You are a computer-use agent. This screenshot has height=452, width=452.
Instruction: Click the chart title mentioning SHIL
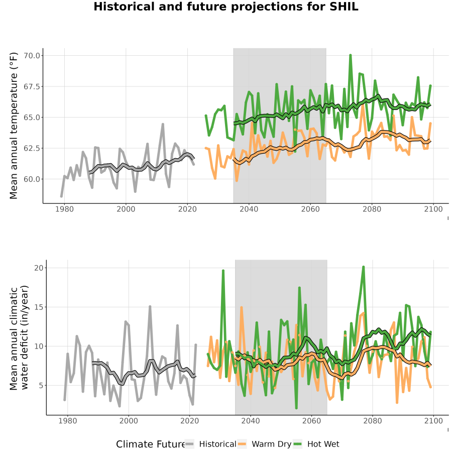(226, 7)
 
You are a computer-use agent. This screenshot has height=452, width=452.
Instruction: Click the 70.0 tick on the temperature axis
(32, 55)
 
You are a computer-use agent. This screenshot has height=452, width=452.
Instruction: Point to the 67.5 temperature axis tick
(32, 86)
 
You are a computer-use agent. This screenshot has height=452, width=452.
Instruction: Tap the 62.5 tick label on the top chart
(32, 148)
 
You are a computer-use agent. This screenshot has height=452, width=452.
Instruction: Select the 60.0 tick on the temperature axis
(32, 179)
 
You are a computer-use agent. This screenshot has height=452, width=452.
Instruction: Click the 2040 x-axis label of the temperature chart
(249, 209)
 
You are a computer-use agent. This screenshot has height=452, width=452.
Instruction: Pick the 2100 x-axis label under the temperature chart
(433, 209)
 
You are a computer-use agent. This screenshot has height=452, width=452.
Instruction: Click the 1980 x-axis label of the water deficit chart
(68, 421)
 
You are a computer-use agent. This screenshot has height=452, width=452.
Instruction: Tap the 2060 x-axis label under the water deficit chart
(311, 421)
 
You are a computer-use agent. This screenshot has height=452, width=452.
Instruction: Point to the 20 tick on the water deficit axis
(39, 268)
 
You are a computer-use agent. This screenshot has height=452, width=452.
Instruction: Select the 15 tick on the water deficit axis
(39, 307)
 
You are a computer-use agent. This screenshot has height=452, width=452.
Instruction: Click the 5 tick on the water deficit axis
(41, 385)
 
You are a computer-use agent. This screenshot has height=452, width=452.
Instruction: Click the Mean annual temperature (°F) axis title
(13, 126)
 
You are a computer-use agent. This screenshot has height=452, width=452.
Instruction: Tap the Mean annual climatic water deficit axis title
(19, 337)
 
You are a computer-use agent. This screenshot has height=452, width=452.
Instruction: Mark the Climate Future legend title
(150, 444)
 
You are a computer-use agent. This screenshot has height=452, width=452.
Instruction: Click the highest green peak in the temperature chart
(350, 55)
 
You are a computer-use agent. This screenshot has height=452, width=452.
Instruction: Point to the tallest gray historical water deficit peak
(150, 306)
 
